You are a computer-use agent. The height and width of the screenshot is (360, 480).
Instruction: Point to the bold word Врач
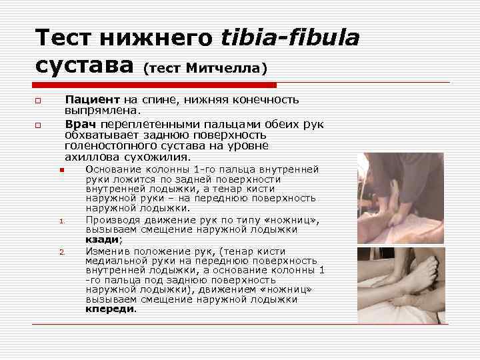coord(79,123)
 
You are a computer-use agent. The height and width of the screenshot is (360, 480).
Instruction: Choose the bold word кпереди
coord(110,309)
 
